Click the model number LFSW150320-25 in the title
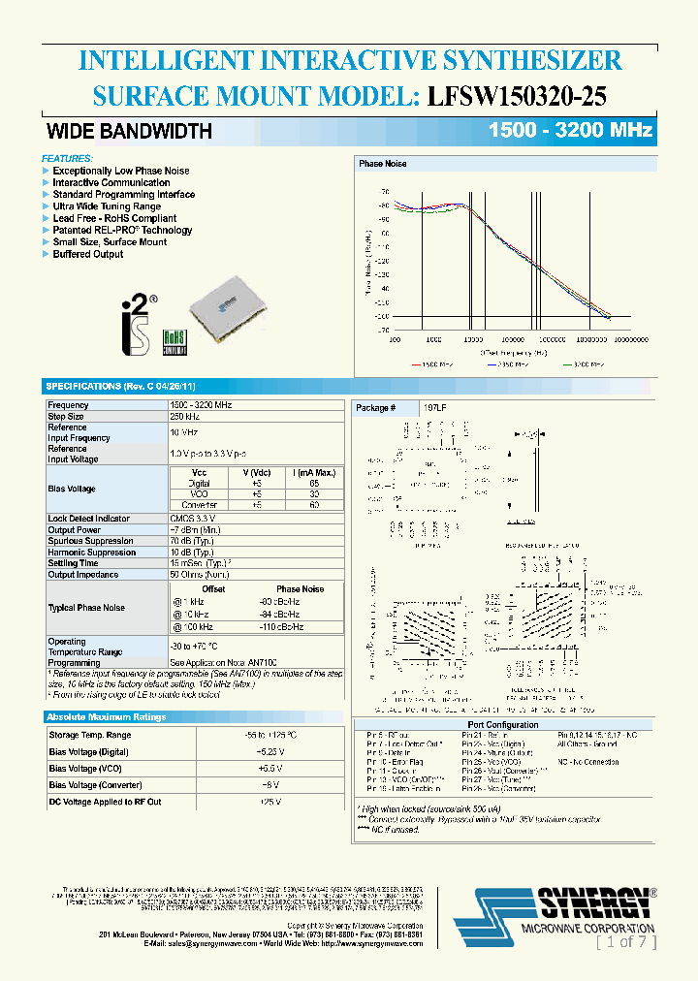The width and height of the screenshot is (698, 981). [x=518, y=97]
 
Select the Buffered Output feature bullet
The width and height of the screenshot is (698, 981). [x=87, y=254]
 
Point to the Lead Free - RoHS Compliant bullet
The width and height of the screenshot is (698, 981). [x=114, y=218]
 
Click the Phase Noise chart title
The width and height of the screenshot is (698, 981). [x=382, y=164]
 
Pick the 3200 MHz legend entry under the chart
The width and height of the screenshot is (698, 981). [x=587, y=364]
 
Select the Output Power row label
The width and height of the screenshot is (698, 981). [x=74, y=530]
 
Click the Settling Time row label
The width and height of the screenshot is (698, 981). [x=73, y=562]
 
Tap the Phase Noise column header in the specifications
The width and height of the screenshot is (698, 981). [x=300, y=588]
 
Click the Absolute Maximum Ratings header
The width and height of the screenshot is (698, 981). [x=107, y=716]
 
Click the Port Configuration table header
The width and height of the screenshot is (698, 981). [x=502, y=724]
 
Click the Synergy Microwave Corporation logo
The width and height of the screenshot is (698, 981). [x=557, y=911]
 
